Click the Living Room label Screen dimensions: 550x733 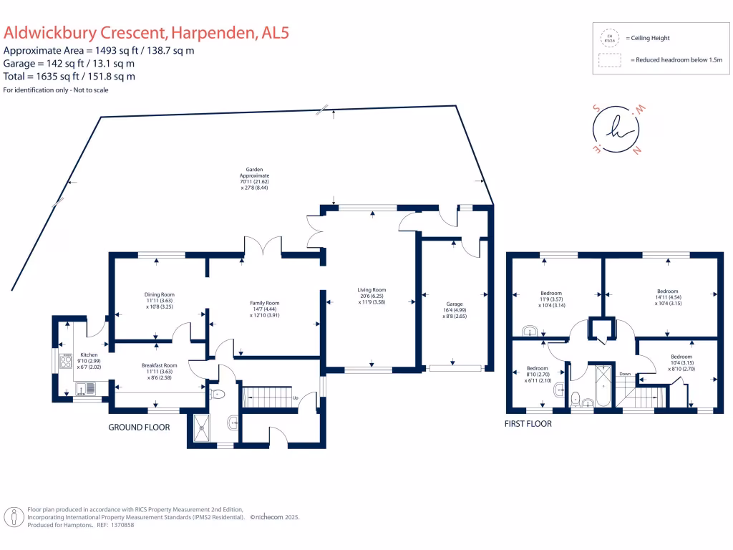click(372, 296)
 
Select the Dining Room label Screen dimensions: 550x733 click(158, 300)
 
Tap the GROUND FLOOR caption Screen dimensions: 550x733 click(139, 427)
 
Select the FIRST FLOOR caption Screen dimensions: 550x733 click(528, 423)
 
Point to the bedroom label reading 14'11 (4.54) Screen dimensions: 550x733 click(666, 296)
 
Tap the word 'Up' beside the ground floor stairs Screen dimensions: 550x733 click(295, 397)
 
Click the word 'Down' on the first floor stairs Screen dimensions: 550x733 click(625, 374)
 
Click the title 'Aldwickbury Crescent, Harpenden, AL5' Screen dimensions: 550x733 click(147, 33)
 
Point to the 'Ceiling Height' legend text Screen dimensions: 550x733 click(647, 38)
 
